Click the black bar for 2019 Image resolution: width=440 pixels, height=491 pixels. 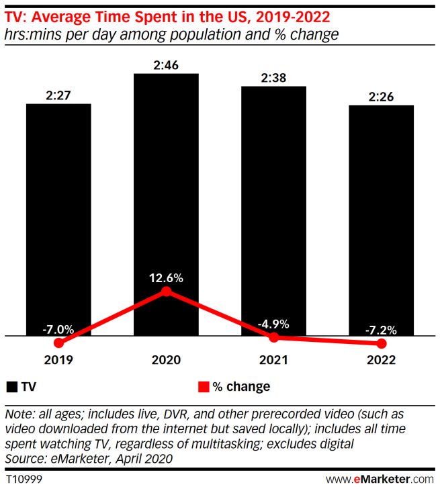point(58,215)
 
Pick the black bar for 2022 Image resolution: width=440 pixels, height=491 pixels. point(381,215)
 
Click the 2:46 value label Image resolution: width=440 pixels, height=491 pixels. point(166,64)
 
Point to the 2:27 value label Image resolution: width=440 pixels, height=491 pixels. point(58,95)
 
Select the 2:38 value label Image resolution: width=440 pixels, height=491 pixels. point(273,77)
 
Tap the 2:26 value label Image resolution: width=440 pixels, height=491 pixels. point(381,95)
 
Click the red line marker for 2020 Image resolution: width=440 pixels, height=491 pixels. point(166,292)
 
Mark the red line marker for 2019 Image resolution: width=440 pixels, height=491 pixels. point(58,343)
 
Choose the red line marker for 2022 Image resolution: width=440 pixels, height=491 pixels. point(381,343)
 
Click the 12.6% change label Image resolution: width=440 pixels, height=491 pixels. point(166,277)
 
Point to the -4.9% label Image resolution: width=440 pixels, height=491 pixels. point(273,324)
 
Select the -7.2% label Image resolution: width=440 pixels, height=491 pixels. point(381,330)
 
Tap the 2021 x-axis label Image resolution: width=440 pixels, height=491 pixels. point(273,360)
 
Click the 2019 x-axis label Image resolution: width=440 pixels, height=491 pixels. point(58,360)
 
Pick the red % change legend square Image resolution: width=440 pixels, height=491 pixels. point(202,387)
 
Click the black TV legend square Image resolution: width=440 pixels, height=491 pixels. point(12,387)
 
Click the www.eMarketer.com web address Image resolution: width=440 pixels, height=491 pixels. point(380,480)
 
